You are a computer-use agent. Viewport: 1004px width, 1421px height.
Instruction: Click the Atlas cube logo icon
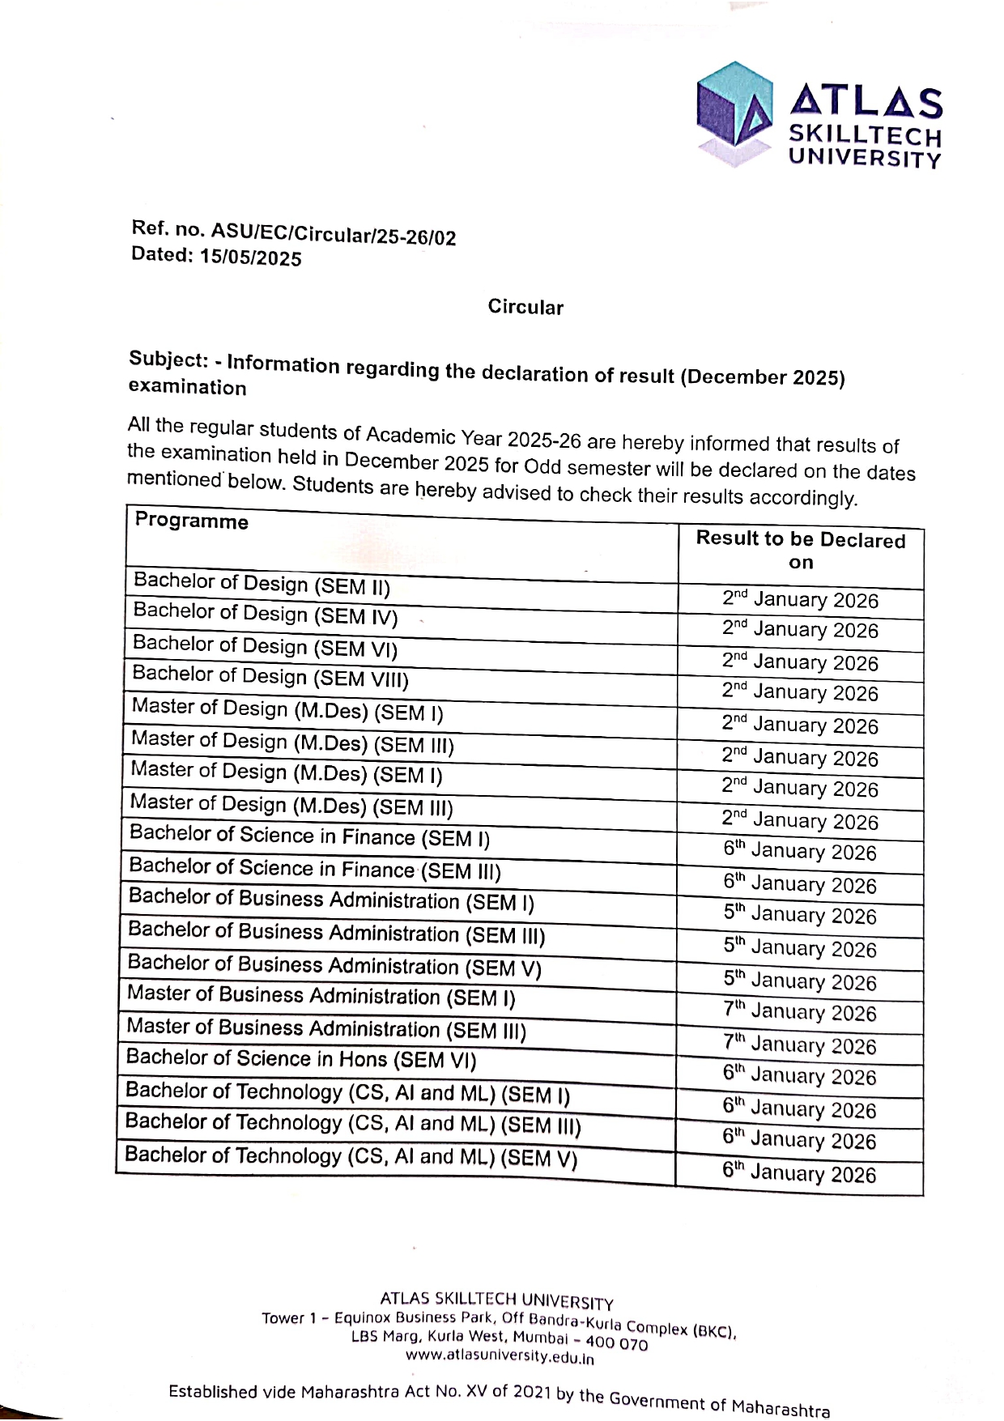tap(734, 113)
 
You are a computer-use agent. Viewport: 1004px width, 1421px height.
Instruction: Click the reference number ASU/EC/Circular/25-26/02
tap(334, 234)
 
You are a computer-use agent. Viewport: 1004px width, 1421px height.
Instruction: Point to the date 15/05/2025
tap(251, 258)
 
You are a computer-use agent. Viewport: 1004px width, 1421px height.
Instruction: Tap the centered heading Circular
tap(525, 307)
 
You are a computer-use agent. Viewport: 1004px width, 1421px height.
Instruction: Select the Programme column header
tap(192, 521)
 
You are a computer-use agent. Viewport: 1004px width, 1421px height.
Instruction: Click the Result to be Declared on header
tap(800, 551)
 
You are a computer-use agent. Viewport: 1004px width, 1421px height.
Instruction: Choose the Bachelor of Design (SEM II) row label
tap(262, 583)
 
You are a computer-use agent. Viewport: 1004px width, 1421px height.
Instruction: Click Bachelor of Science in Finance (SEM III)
tap(315, 869)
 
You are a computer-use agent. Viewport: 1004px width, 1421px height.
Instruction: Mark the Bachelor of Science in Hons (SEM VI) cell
tap(301, 1059)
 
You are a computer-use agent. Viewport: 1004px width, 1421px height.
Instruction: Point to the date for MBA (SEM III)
tap(800, 1045)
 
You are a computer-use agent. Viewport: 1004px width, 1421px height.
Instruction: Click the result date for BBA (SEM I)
tap(800, 915)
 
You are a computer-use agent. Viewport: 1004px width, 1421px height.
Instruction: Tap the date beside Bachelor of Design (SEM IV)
tap(800, 629)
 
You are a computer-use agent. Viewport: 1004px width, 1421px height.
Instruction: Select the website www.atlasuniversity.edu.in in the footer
tap(500, 1356)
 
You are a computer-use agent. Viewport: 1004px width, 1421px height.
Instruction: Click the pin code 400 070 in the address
tap(617, 1343)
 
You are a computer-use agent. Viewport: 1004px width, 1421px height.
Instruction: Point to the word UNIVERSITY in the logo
tap(865, 157)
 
